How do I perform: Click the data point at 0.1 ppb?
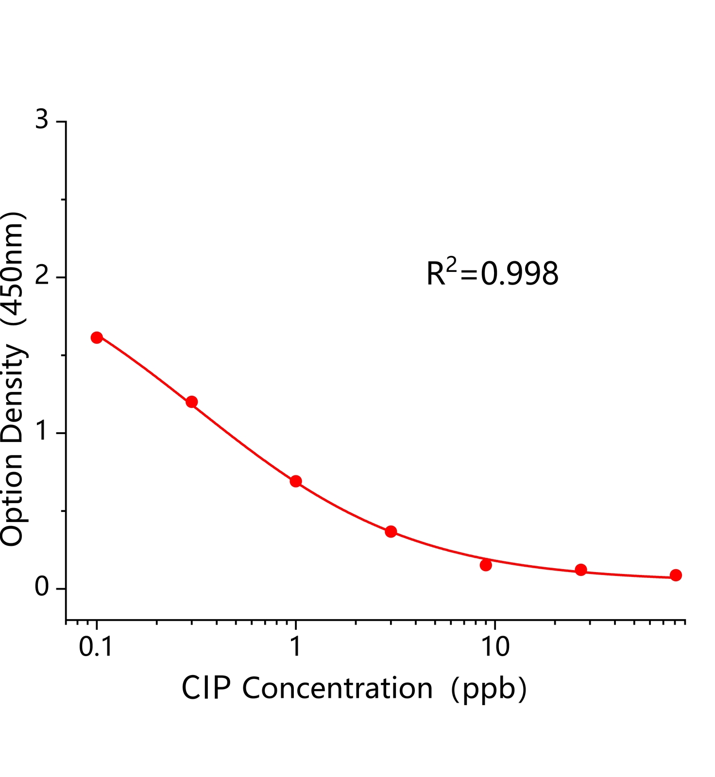click(x=97, y=338)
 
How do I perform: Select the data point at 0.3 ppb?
click(x=192, y=402)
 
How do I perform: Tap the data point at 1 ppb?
click(x=296, y=481)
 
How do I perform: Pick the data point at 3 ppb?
click(x=391, y=531)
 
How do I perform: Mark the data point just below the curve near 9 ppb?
click(x=486, y=565)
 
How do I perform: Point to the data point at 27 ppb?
click(x=581, y=570)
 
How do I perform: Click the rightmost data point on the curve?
click(x=676, y=575)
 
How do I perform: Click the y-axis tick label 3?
click(x=42, y=119)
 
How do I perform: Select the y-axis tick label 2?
click(x=42, y=276)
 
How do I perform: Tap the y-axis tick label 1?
click(x=42, y=432)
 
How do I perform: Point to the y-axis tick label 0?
click(x=42, y=588)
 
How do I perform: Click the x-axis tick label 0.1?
click(x=96, y=647)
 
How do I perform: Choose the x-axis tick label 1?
click(x=295, y=647)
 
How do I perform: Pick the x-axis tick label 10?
click(x=494, y=647)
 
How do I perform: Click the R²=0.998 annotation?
click(x=493, y=273)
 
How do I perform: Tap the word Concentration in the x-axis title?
click(x=338, y=688)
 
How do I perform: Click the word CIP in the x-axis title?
click(x=206, y=688)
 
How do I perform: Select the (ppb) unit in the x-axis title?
click(x=489, y=689)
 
